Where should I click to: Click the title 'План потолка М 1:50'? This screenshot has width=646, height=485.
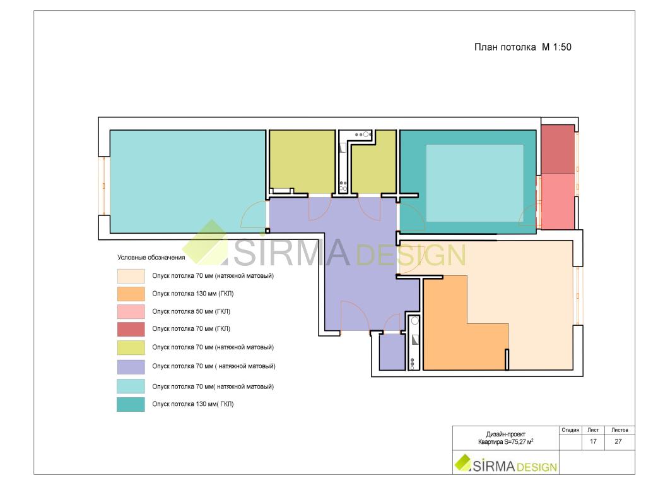coord(522,47)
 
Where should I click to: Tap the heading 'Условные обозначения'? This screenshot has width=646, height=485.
coord(151,258)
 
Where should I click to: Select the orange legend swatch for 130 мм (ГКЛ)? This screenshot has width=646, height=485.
coord(131,294)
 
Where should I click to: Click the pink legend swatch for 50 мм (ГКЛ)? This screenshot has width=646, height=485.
coord(131,311)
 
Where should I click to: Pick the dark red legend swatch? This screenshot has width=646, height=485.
coord(131,329)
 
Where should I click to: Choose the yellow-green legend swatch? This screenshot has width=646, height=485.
coord(131,348)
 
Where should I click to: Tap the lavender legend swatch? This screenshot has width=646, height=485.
coord(131,367)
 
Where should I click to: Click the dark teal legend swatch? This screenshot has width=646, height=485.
coord(131,404)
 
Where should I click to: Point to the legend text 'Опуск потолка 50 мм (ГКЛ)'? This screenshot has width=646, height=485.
coord(191,311)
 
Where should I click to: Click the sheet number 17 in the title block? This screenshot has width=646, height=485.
coord(593,441)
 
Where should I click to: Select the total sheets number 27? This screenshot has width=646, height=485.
coord(618,441)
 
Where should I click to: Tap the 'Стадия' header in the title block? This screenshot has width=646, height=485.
coord(570,429)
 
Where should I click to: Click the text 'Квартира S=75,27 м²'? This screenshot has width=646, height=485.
coord(505,441)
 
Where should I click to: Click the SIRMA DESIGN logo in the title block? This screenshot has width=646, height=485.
coord(506,464)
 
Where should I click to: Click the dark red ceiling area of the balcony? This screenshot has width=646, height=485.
coord(558,149)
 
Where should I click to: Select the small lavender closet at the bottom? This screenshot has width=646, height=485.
coord(392,352)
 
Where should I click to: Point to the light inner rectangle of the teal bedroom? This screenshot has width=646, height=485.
coord(474,183)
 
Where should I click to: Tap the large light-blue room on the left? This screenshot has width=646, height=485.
coord(188,181)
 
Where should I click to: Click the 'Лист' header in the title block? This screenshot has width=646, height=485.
coord(593,429)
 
